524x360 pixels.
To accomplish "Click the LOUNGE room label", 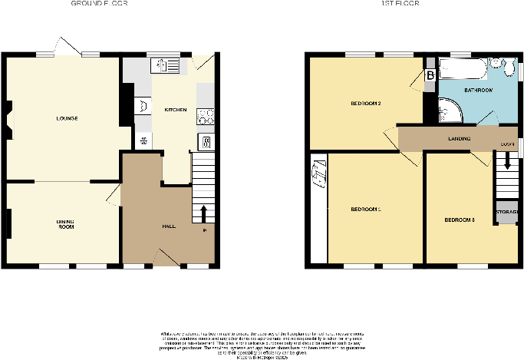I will click(65, 118).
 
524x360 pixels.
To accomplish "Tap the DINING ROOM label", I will click(65, 224).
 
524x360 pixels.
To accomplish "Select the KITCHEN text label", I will click(176, 110).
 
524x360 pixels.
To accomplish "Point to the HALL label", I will click(169, 226).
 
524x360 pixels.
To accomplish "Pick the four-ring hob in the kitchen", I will click(206, 117).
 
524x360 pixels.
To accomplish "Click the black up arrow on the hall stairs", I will click(204, 212).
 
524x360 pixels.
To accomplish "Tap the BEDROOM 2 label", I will click(366, 103).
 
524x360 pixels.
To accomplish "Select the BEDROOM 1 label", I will click(366, 209).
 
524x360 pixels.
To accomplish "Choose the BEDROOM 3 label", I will click(460, 220).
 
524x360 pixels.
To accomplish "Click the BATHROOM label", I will click(478, 91).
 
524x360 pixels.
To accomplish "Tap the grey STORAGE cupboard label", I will click(506, 211).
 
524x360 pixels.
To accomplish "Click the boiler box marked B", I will click(429, 75).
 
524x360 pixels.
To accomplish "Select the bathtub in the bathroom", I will click(460, 72).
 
